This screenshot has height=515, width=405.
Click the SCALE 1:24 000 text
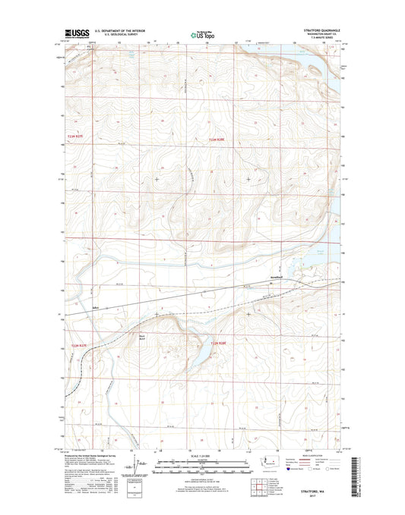point(202,455)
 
